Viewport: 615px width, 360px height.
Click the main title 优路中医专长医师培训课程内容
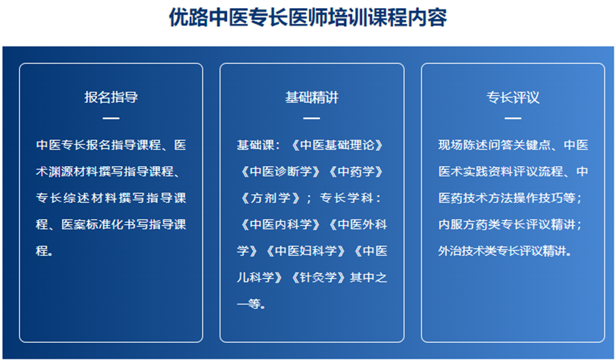pyautogui.click(x=307, y=18)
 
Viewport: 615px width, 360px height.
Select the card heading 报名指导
pyautogui.click(x=111, y=97)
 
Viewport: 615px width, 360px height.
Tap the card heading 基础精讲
pyautogui.click(x=312, y=97)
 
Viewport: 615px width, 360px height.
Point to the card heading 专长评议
pyautogui.click(x=513, y=97)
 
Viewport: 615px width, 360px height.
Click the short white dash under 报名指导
pyautogui.click(x=111, y=118)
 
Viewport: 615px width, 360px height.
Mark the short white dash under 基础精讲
pyautogui.click(x=312, y=118)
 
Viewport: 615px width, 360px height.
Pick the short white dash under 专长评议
pyautogui.click(x=513, y=118)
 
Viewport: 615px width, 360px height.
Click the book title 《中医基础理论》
pyautogui.click(x=338, y=145)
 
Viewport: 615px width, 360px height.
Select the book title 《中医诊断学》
pyautogui.click(x=281, y=171)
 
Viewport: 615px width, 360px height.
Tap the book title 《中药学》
pyautogui.click(x=357, y=171)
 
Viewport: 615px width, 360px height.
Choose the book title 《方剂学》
pyautogui.click(x=271, y=198)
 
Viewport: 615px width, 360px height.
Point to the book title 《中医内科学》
pyautogui.click(x=281, y=224)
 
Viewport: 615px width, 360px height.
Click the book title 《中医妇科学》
pyautogui.click(x=306, y=251)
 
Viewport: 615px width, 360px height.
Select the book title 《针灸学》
pyautogui.click(x=318, y=277)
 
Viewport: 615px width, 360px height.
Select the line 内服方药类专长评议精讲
pyautogui.click(x=507, y=224)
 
